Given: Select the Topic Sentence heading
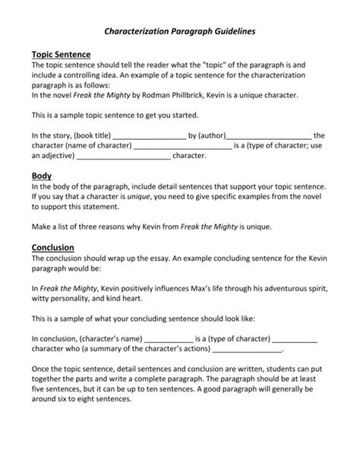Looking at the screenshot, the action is (x=61, y=55).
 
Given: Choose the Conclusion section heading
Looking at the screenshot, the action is (x=52, y=247).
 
